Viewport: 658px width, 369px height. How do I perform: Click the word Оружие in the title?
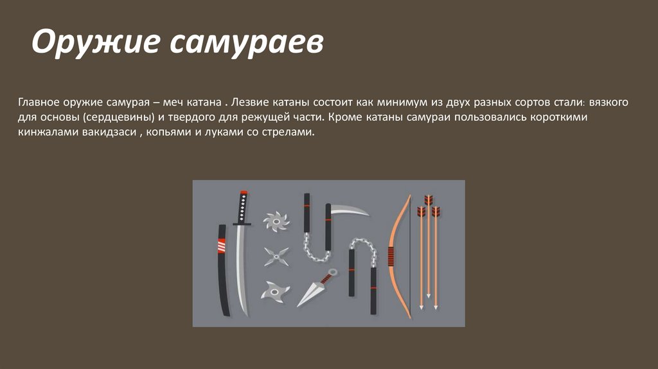(x=96, y=42)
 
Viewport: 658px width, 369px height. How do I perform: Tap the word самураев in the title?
(x=247, y=42)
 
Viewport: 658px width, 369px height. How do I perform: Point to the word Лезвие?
(x=249, y=102)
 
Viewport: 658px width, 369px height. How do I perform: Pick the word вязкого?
(x=609, y=102)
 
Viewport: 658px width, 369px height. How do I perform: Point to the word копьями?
(x=166, y=132)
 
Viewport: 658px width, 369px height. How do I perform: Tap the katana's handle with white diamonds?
(x=242, y=208)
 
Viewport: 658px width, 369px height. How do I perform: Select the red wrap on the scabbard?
(x=221, y=245)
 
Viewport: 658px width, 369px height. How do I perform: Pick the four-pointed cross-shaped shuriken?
(x=276, y=256)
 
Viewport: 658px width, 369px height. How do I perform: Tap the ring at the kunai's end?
(x=333, y=272)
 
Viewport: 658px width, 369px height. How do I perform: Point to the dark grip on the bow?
(x=391, y=256)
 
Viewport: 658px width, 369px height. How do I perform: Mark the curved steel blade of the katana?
(x=240, y=269)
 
